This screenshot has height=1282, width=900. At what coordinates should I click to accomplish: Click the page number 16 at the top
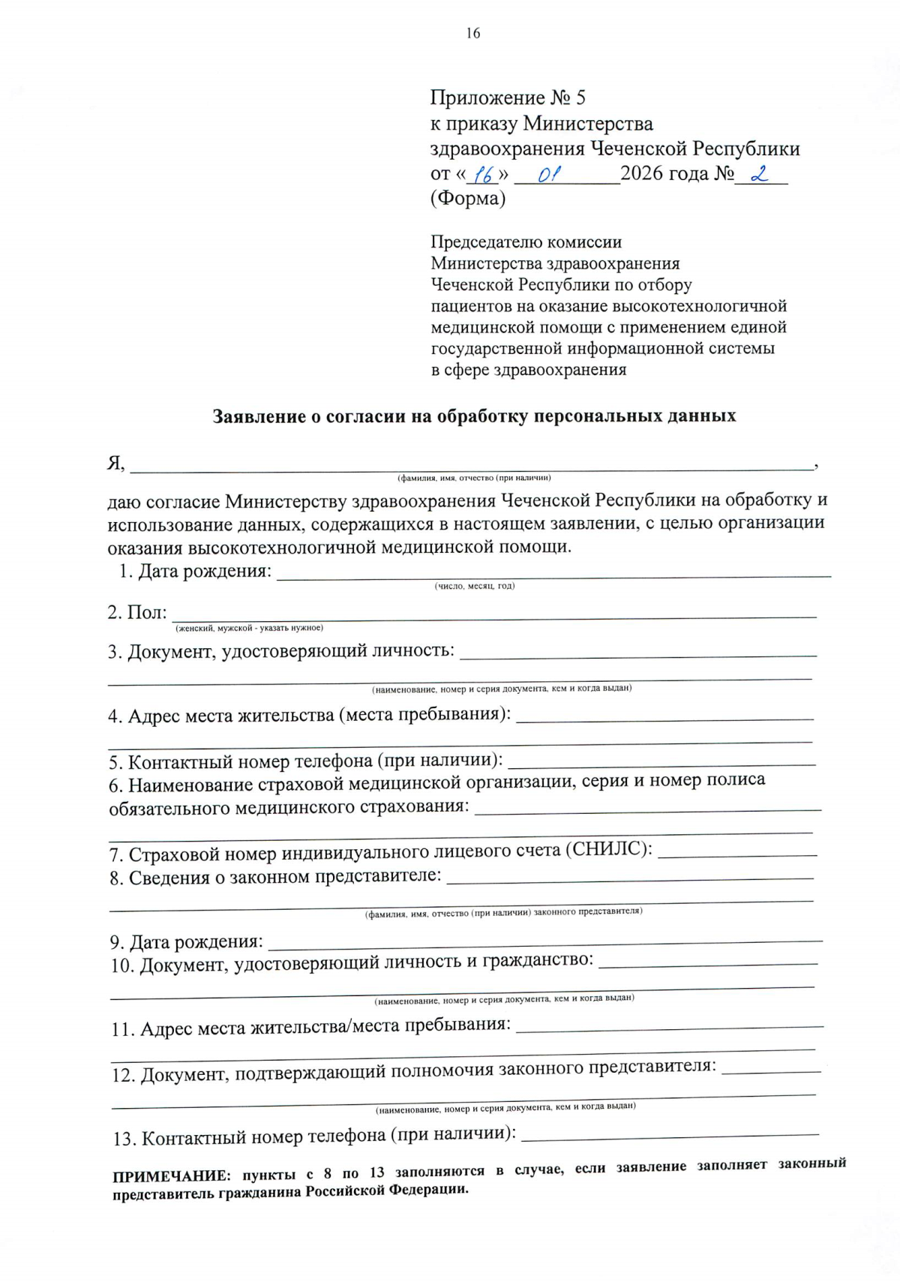[x=472, y=33]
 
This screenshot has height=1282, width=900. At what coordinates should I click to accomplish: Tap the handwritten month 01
[x=549, y=175]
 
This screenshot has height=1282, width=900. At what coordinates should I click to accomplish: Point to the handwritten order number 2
[x=760, y=174]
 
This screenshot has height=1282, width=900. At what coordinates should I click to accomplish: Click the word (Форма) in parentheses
[x=467, y=198]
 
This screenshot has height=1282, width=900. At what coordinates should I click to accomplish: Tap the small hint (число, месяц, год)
[x=474, y=586]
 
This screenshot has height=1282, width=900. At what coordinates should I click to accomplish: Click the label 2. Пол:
[x=136, y=612]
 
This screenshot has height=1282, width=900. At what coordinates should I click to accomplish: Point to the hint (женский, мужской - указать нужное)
[x=249, y=628]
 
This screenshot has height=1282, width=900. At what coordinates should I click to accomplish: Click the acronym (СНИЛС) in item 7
[x=607, y=849]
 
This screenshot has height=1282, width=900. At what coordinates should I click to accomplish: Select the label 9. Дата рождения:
[x=187, y=941]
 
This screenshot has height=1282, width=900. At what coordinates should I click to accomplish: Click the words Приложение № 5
[x=508, y=98]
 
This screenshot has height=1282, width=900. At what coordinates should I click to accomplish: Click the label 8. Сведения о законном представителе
[x=275, y=877]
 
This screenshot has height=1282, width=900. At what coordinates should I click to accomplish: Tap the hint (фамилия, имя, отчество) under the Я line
[x=474, y=478]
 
